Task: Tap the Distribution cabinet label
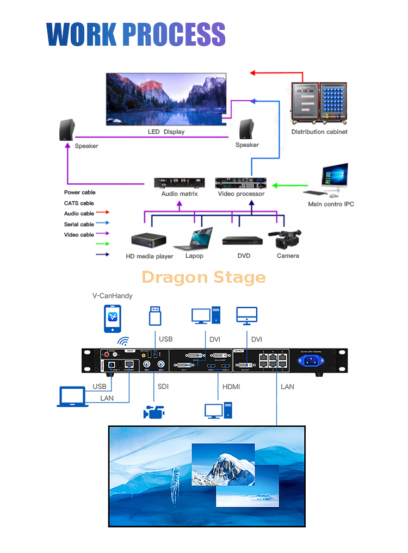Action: [319, 132]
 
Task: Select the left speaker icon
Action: [66, 131]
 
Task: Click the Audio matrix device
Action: [180, 183]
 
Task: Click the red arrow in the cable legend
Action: [103, 213]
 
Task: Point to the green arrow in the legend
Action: [103, 244]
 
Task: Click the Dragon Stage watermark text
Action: [203, 277]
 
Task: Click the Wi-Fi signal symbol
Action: [124, 341]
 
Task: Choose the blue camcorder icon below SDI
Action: [154, 412]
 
